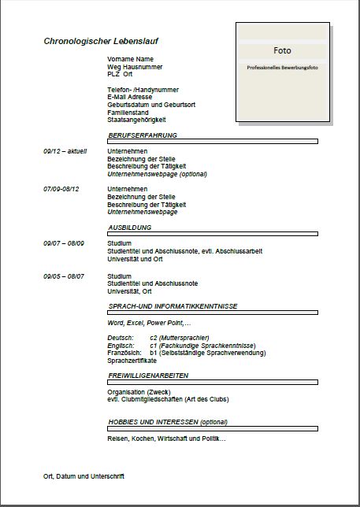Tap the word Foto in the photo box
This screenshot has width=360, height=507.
[x=282, y=50]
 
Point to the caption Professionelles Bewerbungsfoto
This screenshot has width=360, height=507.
[x=282, y=68]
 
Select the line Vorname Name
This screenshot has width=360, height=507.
[x=130, y=59]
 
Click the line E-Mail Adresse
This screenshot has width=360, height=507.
[x=130, y=97]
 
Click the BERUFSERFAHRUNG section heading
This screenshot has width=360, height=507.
[x=142, y=135]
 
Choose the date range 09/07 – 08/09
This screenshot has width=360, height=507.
[x=64, y=243]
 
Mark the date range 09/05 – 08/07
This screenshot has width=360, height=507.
[x=64, y=276]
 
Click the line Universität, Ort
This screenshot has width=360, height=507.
[x=129, y=291]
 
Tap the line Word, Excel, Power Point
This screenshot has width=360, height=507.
[x=148, y=324]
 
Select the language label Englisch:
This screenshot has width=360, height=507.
[x=121, y=346]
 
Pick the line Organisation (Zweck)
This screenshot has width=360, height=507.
[x=139, y=392]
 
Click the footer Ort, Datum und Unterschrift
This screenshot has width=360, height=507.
[x=84, y=476]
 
